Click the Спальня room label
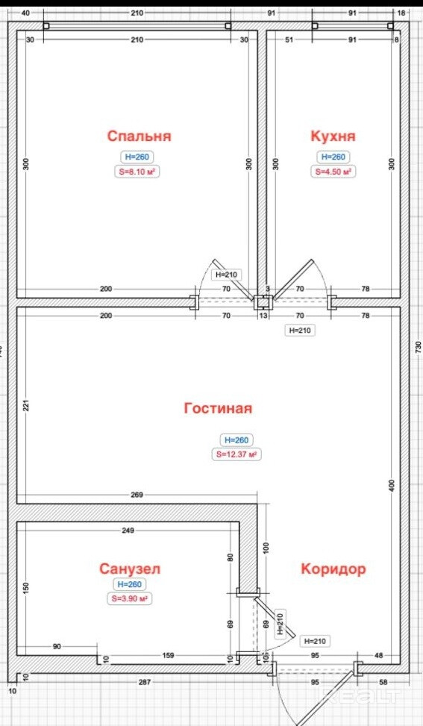(139, 136)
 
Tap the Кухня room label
(333, 136)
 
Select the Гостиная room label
(218, 408)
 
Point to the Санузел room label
(130, 569)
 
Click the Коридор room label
(333, 569)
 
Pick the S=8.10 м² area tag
(137, 172)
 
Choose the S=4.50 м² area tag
(333, 172)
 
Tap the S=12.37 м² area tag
(236, 454)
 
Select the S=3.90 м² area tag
(130, 599)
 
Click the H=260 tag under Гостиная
(236, 440)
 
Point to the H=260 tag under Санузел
(130, 585)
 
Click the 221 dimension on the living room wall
(26, 406)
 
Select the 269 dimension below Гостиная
(137, 495)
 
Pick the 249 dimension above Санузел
(128, 531)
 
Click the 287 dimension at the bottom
(146, 683)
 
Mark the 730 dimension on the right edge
(419, 347)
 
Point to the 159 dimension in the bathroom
(168, 656)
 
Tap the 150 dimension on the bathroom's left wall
(26, 588)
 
